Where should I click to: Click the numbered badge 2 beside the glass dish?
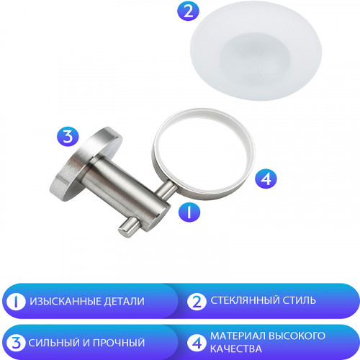point(168,12)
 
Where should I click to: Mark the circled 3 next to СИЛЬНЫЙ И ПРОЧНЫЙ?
point(16,343)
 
